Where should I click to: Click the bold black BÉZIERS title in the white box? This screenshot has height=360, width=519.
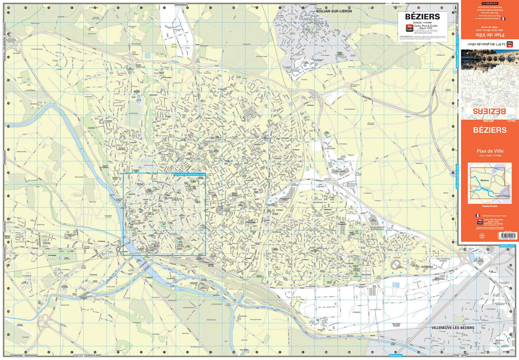click(422, 17)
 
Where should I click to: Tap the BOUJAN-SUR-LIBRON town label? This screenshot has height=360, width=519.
click(334, 11)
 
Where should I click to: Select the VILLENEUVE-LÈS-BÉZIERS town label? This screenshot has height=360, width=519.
click(453, 327)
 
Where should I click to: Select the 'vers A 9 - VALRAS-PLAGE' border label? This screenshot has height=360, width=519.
click(87, 356)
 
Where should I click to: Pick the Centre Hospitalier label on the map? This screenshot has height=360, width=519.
click(342, 223)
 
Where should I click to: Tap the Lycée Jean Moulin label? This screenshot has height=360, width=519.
click(251, 221)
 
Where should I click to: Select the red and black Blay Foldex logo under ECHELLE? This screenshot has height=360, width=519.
click(409, 28)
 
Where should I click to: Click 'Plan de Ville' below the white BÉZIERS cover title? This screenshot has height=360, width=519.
click(490, 151)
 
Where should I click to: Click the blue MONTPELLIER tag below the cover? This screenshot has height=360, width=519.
click(507, 246)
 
